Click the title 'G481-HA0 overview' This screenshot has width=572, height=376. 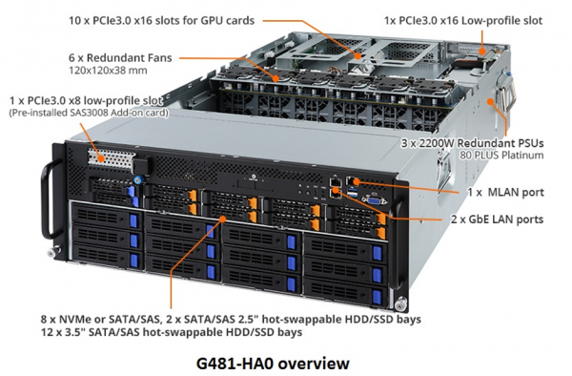[x=273, y=364]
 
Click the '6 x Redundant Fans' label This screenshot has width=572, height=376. [x=120, y=57]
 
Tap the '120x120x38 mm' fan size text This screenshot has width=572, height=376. [x=108, y=71]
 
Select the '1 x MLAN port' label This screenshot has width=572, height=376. [x=505, y=192]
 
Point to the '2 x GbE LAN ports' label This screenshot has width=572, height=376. [x=498, y=219]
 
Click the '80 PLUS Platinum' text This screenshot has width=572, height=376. [x=501, y=156]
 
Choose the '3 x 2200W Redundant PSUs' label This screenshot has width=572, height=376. [x=473, y=143]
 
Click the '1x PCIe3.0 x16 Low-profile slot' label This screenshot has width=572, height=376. [x=463, y=20]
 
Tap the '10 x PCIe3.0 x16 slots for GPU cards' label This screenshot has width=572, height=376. [x=161, y=20]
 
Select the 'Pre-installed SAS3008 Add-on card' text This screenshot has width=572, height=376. [x=89, y=113]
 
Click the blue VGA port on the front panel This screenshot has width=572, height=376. [x=374, y=199]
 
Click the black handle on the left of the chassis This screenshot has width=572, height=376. [x=49, y=200]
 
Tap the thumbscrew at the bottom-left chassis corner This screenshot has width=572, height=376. [x=54, y=251]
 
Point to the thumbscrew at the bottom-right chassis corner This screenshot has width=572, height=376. [x=399, y=303]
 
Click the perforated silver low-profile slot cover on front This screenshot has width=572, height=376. [x=111, y=160]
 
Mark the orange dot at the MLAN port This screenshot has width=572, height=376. [x=357, y=181]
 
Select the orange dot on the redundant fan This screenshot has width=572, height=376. [x=276, y=78]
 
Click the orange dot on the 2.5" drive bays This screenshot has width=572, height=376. [x=223, y=219]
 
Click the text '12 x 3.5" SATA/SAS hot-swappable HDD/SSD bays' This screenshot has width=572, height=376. [x=172, y=332]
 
